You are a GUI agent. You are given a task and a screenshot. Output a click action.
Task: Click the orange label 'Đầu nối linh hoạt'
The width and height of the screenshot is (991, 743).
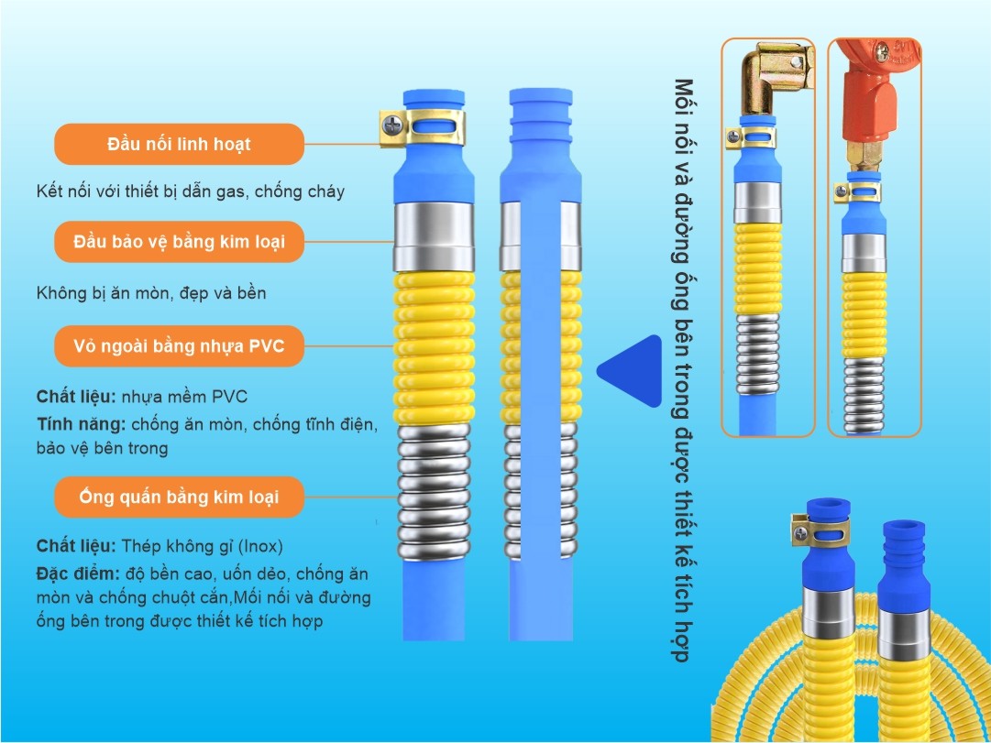click(x=179, y=144)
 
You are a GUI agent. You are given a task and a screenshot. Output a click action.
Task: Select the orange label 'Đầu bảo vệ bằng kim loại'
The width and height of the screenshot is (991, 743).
click(x=179, y=242)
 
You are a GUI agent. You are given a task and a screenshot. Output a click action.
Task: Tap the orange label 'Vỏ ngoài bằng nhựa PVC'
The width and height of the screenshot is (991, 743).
click(x=179, y=346)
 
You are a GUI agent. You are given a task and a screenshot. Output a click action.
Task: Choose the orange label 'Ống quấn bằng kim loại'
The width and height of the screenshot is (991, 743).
click(x=179, y=497)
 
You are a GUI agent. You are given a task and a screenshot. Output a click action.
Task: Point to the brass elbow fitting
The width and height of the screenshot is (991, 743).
click(x=775, y=76)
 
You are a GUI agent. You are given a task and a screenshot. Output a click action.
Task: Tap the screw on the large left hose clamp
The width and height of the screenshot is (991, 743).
click(x=392, y=125)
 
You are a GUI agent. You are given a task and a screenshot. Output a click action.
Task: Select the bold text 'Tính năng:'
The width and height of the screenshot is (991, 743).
click(x=82, y=424)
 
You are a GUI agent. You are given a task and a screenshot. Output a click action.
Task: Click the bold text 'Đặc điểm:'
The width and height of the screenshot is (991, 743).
click(x=78, y=574)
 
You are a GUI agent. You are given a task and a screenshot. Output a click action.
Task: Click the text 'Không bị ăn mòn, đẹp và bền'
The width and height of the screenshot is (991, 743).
click(x=151, y=293)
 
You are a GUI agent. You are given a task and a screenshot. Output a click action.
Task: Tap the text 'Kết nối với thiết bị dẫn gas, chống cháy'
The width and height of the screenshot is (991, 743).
click(x=191, y=191)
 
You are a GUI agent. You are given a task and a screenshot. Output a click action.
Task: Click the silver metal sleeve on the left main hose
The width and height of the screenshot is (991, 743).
click(x=434, y=237)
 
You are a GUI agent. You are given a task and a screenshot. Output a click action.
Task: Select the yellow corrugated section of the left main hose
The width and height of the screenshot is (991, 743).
click(x=434, y=348)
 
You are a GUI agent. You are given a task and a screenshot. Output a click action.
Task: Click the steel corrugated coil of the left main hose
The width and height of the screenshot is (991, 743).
click(x=434, y=492)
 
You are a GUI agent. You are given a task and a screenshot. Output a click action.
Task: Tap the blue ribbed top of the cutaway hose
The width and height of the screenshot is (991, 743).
click(x=540, y=111)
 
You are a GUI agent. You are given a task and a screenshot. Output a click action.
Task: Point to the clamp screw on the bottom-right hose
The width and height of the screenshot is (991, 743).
click(x=800, y=533)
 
